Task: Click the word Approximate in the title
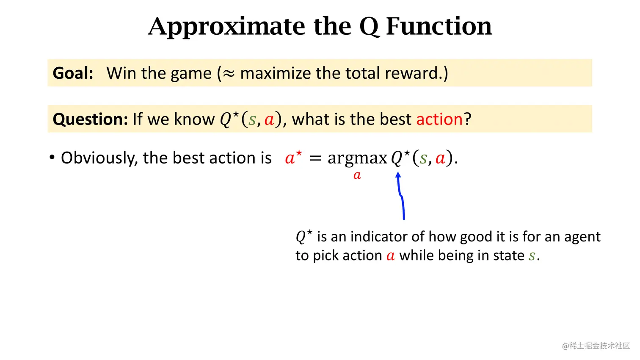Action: pyautogui.click(x=226, y=26)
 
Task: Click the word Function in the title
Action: pyautogui.click(x=439, y=26)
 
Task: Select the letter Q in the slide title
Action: pyautogui.click(x=369, y=27)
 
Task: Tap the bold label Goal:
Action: pyautogui.click(x=73, y=73)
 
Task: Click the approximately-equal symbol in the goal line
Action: pyautogui.click(x=229, y=74)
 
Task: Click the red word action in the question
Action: pyautogui.click(x=439, y=119)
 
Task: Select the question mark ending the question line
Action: pyautogui.click(x=467, y=119)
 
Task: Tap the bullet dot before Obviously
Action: pyautogui.click(x=52, y=158)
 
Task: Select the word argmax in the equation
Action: pyautogui.click(x=357, y=158)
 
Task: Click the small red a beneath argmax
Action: pyautogui.click(x=357, y=175)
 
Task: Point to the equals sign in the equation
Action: pyautogui.click(x=315, y=158)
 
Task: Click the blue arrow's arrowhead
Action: pyautogui.click(x=398, y=175)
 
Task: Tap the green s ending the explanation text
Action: pyautogui.click(x=532, y=256)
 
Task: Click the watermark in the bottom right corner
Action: pyautogui.click(x=596, y=346)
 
